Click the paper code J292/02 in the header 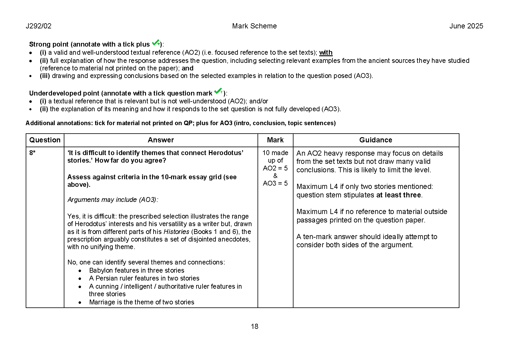38,26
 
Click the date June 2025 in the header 466,26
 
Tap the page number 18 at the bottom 254,326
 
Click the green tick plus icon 156,43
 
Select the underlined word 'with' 326,53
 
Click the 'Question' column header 45,140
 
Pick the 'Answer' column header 161,140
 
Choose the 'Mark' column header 275,140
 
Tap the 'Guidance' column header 376,140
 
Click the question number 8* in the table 32,153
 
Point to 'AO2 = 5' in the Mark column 275,168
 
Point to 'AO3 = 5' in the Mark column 275,183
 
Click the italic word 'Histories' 176,232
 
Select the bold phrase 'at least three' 398,195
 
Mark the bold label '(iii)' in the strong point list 45,76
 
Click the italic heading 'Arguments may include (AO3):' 113,200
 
